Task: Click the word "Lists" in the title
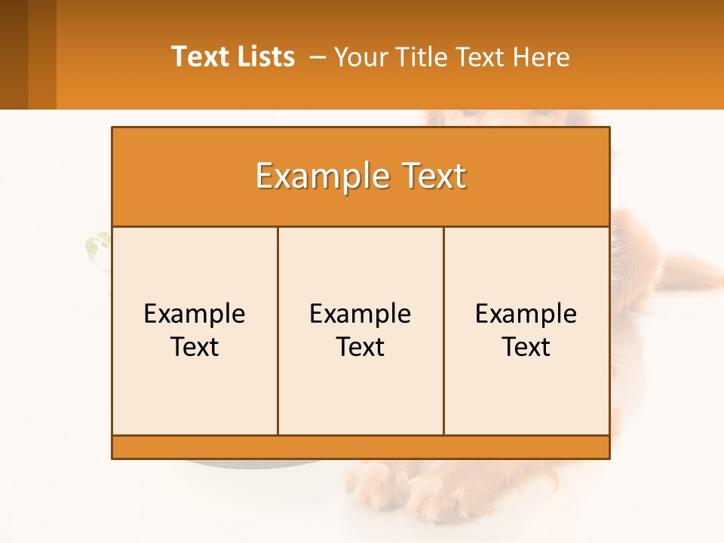point(265,57)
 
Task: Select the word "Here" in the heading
point(541,57)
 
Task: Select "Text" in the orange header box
point(428,176)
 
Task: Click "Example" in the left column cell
point(195,314)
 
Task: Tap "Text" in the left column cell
point(195,347)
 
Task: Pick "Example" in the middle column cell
point(360,314)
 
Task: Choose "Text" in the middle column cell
point(360,347)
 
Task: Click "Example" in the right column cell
point(526,314)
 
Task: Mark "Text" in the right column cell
point(526,347)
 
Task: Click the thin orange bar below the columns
point(360,446)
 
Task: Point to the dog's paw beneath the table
point(437,494)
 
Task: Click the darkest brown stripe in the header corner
point(14,54)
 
